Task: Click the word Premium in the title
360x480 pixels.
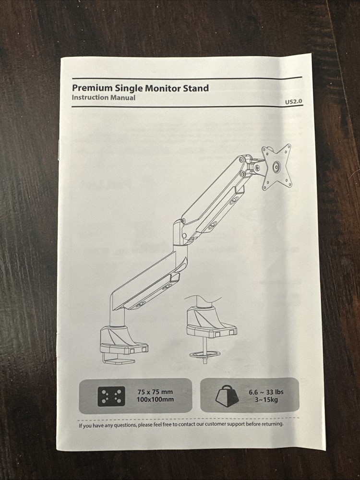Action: click(x=92, y=88)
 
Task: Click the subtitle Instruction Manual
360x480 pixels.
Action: click(x=103, y=98)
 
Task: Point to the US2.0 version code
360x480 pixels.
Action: click(x=293, y=102)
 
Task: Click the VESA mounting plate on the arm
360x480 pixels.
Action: click(x=277, y=167)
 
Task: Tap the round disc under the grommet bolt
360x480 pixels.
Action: click(x=205, y=354)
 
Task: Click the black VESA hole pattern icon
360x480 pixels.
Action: click(x=111, y=396)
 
